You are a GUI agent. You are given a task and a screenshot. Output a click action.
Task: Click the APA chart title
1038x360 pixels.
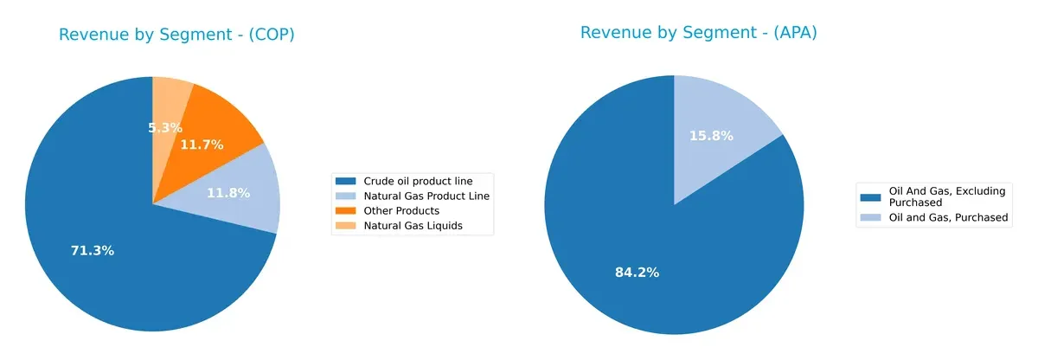698,33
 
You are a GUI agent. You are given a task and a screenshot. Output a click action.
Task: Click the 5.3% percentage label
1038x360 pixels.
164,128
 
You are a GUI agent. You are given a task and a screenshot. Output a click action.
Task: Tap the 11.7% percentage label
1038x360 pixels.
202,145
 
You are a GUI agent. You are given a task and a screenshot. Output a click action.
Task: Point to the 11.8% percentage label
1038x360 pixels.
228,193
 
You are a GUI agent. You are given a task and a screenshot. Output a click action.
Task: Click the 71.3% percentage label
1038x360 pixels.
93,251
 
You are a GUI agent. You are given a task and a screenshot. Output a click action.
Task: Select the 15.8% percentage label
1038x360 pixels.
711,136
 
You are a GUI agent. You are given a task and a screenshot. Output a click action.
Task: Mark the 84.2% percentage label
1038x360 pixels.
638,273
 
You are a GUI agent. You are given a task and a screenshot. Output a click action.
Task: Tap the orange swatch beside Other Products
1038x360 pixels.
345,211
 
